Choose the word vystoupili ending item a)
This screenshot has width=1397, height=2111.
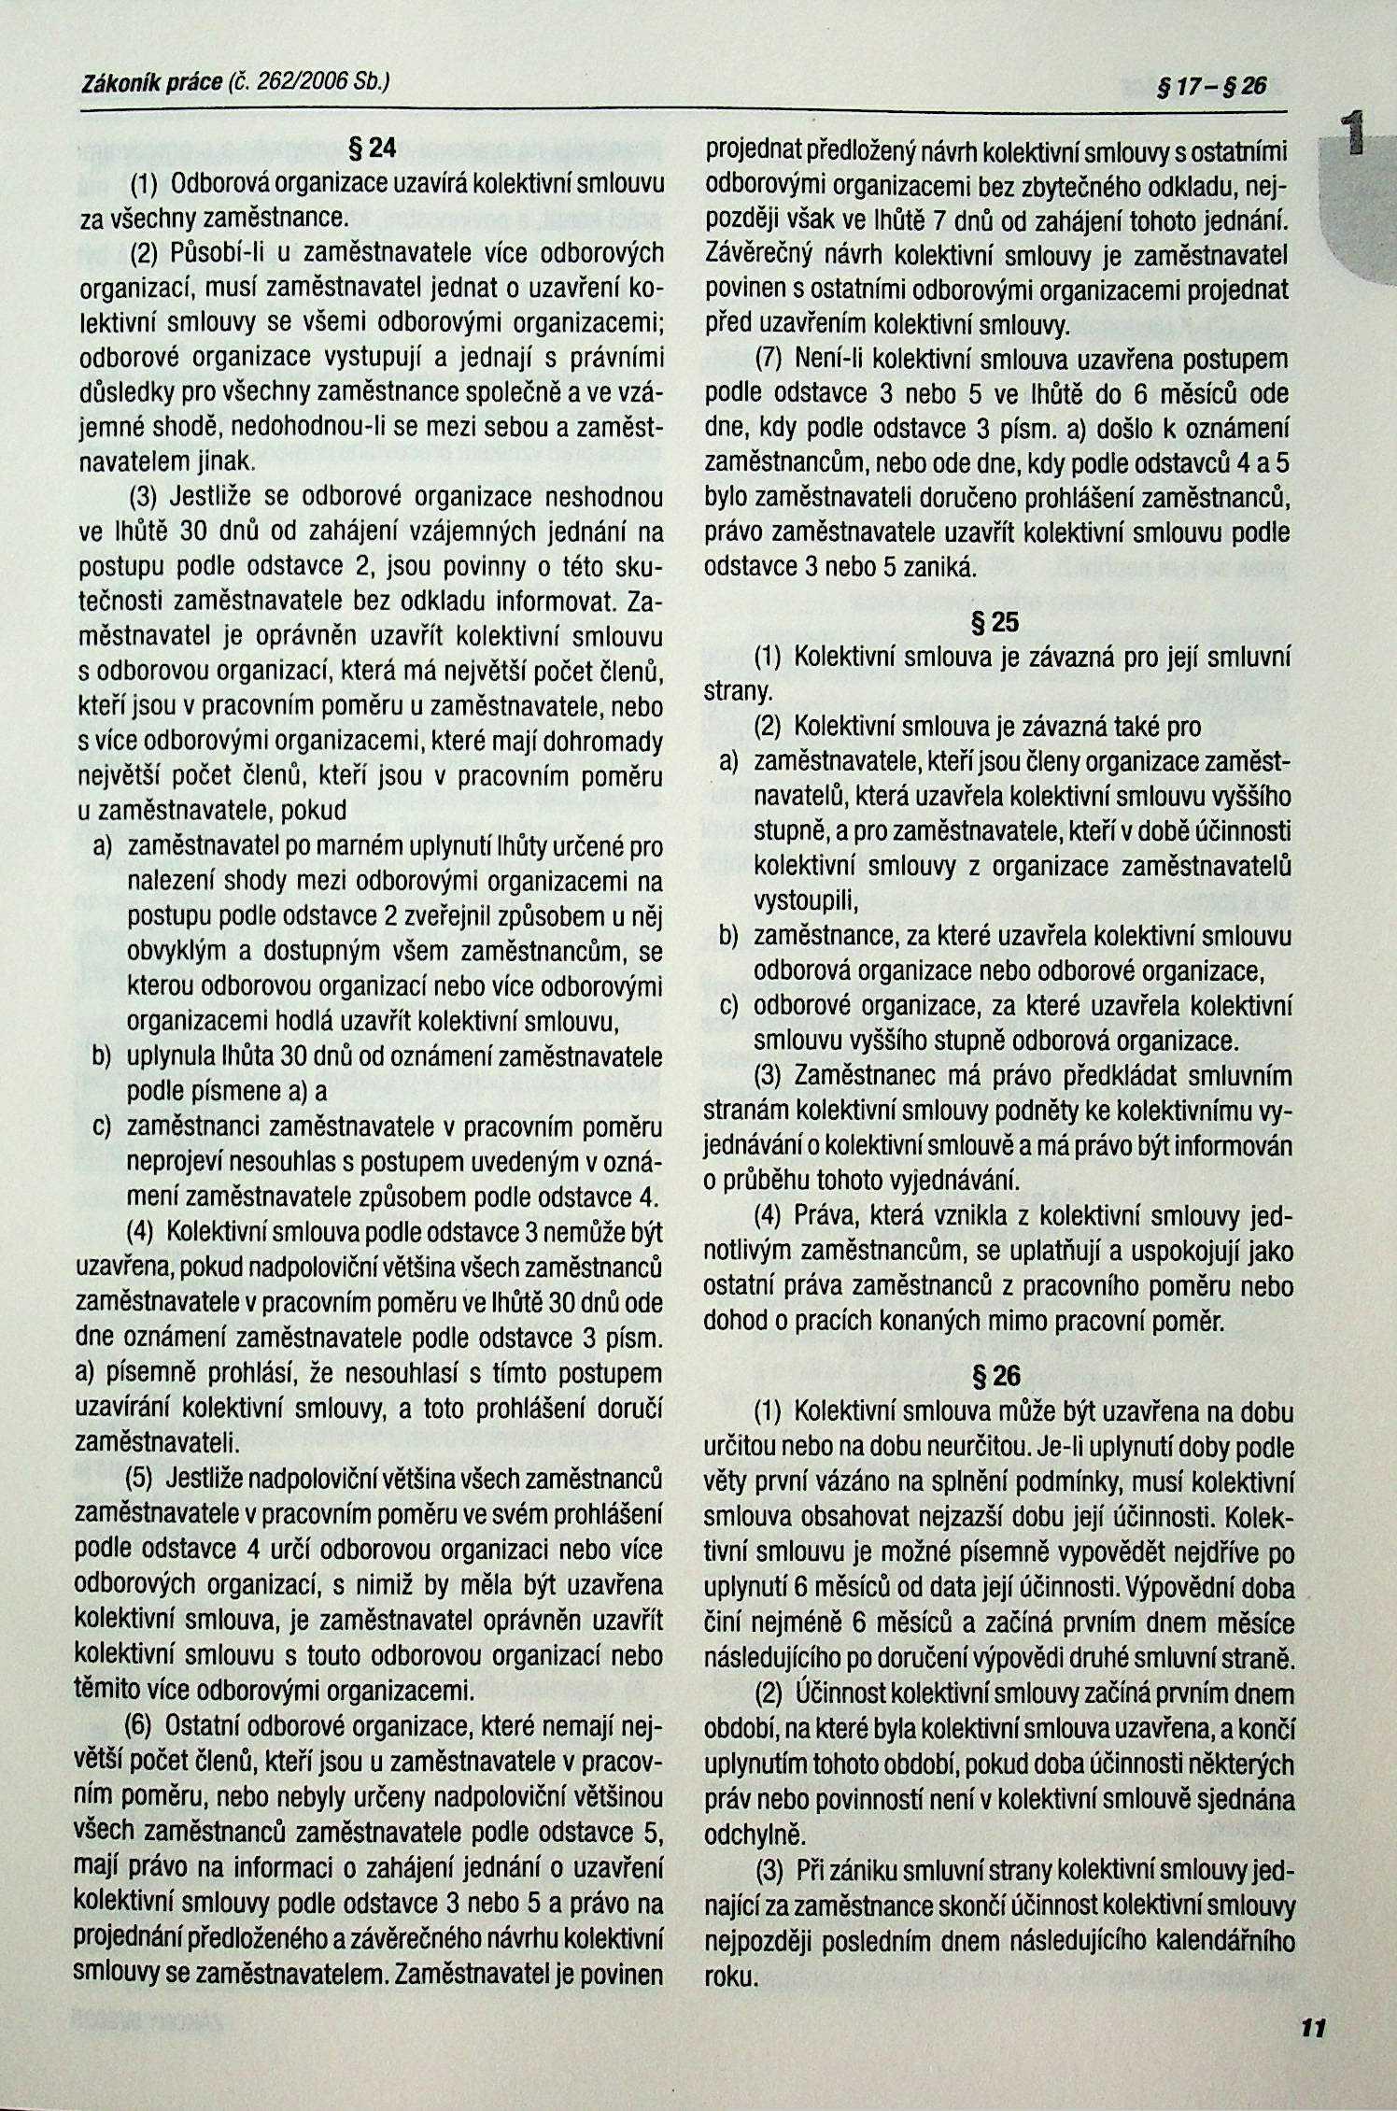tap(804, 901)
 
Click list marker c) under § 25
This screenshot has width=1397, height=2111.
tap(728, 1007)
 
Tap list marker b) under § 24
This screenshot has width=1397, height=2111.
tap(102, 1056)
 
